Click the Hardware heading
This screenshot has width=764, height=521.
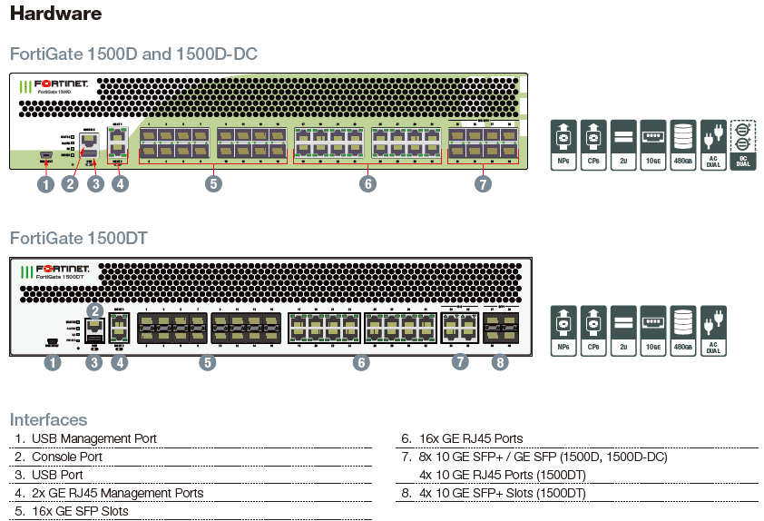[55, 15]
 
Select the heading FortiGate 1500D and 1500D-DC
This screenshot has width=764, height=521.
[133, 54]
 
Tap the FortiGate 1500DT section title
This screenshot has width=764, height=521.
[79, 239]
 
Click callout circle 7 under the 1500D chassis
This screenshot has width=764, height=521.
[483, 184]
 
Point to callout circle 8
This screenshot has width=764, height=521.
[500, 362]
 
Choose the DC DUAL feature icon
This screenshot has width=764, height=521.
[742, 146]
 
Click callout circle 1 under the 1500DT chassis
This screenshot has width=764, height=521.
[54, 363]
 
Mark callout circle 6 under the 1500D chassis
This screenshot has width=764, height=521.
[367, 184]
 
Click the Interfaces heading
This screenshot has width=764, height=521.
[48, 419]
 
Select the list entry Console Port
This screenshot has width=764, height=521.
[67, 457]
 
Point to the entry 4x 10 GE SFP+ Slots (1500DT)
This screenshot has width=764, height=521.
[503, 493]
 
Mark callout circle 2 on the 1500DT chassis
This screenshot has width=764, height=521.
[93, 310]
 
